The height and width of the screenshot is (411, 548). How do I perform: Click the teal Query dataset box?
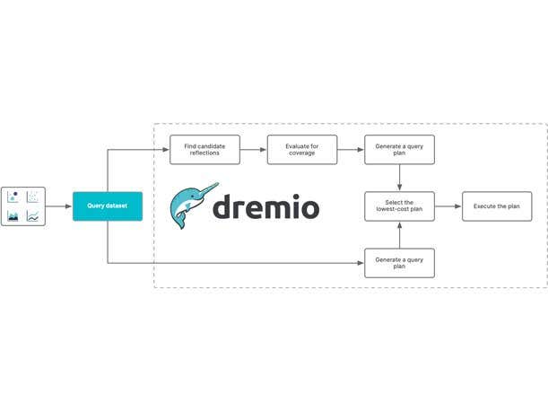pyautogui.click(x=107, y=206)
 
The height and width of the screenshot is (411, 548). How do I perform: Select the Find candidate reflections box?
pyautogui.click(x=205, y=150)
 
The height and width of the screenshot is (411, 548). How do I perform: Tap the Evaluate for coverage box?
pyautogui.click(x=302, y=150)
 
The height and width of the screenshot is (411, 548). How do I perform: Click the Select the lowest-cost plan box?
pyautogui.click(x=399, y=206)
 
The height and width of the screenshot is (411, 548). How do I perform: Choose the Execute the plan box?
pyautogui.click(x=496, y=206)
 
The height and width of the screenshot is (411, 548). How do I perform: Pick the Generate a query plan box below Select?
pyautogui.click(x=399, y=263)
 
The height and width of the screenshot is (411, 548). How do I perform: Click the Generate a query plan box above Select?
pyautogui.click(x=399, y=150)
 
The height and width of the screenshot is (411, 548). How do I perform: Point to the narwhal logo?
pyautogui.click(x=190, y=205)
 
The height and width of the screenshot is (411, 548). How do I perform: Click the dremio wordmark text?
pyautogui.click(x=265, y=207)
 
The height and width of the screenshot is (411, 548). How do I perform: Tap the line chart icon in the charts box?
pyautogui.click(x=33, y=216)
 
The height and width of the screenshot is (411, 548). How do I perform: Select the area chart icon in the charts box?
pyautogui.click(x=13, y=216)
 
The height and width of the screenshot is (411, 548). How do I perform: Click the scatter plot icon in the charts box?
pyautogui.click(x=33, y=197)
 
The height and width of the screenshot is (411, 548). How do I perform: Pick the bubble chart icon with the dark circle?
pyautogui.click(x=13, y=197)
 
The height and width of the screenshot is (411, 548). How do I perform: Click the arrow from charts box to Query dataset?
pyautogui.click(x=58, y=206)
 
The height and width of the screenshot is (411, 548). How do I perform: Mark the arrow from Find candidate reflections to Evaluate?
pyautogui.click(x=254, y=150)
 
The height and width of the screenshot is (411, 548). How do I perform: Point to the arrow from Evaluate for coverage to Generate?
pyautogui.click(x=351, y=150)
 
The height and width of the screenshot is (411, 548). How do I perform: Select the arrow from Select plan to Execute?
pyautogui.click(x=448, y=206)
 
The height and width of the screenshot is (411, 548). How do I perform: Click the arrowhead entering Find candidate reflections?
pyautogui.click(x=166, y=150)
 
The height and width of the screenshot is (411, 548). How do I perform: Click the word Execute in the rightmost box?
pyautogui.click(x=485, y=206)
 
